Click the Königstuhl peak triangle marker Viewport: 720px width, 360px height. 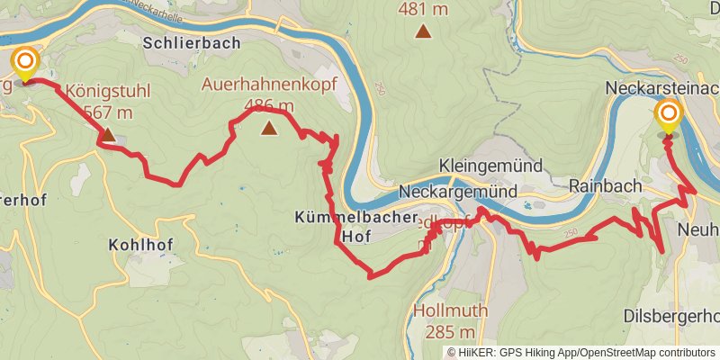tap(107, 135)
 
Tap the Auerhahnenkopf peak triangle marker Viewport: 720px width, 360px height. tap(269, 128)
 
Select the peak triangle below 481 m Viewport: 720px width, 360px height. tap(422, 32)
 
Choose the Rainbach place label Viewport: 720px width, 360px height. tap(604, 184)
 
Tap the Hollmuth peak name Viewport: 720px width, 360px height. tap(450, 311)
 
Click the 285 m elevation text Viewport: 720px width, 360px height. tap(450, 333)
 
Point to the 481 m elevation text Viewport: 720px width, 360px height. tap(422, 9)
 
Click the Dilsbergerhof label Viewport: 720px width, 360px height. tap(671, 316)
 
